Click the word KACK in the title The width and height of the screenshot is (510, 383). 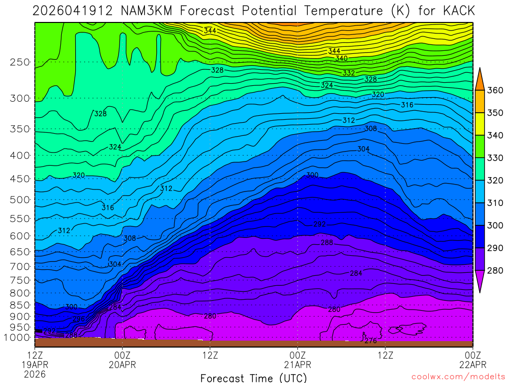tap(457, 10)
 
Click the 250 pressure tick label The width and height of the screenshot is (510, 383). tap(20, 62)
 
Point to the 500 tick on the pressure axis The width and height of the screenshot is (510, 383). tap(20, 200)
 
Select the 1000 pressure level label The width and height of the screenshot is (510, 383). tap(17, 337)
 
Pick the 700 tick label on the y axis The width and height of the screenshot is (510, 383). tap(20, 266)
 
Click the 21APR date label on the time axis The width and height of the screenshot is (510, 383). tap(298, 364)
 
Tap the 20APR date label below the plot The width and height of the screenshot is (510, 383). tap(123, 364)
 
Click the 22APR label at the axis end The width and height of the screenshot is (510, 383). tap(472, 364)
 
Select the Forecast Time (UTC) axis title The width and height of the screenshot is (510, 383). tap(254, 378)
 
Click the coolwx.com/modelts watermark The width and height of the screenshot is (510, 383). tap(458, 377)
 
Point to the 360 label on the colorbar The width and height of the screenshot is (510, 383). tap(495, 90)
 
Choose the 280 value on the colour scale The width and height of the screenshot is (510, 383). tap(495, 271)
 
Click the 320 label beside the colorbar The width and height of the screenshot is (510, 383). tap(495, 181)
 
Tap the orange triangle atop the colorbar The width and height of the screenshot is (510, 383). tap(480, 78)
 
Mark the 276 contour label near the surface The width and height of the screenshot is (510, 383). tap(371, 341)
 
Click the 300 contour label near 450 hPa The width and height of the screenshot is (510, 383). tap(312, 175)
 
